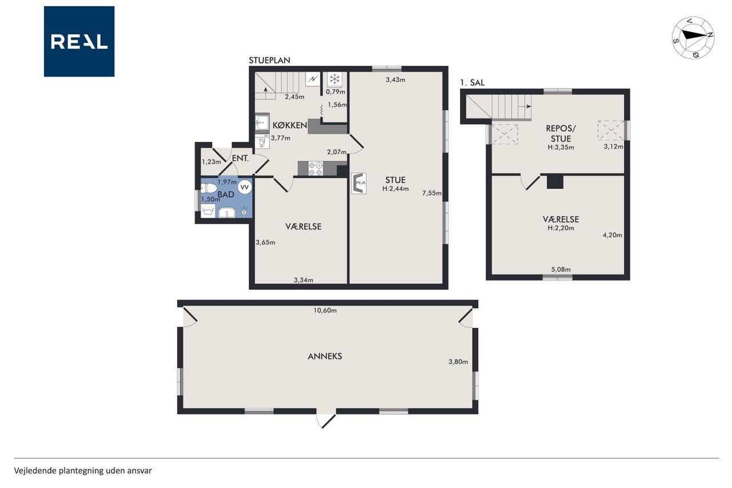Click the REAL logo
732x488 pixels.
point(79,42)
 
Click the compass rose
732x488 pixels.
point(693,38)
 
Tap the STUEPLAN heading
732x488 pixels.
point(269,61)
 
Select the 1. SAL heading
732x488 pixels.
point(472,83)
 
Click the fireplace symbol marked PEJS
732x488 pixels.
point(359,184)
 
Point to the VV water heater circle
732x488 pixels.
point(244,187)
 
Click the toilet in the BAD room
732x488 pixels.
point(209,188)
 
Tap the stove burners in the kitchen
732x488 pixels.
point(315,168)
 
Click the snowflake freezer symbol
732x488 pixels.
point(335,80)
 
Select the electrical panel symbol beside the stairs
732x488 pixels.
point(313,80)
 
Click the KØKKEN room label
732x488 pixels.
point(290,125)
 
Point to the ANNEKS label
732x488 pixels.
point(325,356)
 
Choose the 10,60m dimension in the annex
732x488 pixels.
point(325,311)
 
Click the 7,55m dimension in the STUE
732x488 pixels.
point(432,193)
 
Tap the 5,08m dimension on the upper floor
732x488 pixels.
point(561,269)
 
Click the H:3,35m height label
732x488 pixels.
point(561,148)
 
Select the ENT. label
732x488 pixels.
point(240,158)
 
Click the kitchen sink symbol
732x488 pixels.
point(262,122)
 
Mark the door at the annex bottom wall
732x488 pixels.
point(326,420)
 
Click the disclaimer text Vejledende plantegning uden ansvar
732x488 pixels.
point(83,471)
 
